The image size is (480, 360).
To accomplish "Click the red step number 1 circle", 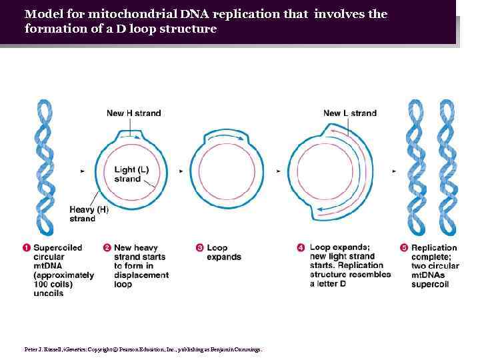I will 27,248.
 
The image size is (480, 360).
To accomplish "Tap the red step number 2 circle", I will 107,248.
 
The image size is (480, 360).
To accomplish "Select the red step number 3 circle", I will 199,248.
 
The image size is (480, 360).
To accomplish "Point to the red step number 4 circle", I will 301,248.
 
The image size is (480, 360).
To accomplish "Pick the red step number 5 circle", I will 403,248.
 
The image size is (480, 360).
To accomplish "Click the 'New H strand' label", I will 133,113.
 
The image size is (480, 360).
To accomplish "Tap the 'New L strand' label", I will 349,113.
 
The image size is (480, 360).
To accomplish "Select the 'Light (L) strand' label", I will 131,174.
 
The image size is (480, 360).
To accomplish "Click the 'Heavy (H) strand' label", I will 89,214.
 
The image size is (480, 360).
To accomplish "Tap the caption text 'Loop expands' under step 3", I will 223,252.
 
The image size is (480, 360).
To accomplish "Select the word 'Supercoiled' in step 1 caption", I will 57,248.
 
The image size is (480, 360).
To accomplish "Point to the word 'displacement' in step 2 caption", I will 141,275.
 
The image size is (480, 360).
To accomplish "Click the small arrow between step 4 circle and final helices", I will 394,171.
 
